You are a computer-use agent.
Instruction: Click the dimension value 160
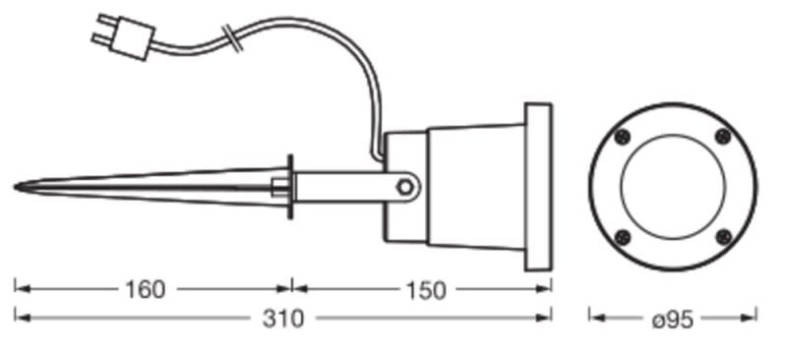145,290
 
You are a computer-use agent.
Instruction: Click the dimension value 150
426,291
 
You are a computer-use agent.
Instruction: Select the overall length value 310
283,319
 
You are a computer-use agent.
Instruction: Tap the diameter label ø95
673,320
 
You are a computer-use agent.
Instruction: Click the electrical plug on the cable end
124,35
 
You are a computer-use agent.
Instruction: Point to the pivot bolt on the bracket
404,187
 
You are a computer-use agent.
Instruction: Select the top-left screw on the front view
623,137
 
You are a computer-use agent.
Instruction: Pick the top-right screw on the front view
723,136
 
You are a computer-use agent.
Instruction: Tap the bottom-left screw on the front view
623,237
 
